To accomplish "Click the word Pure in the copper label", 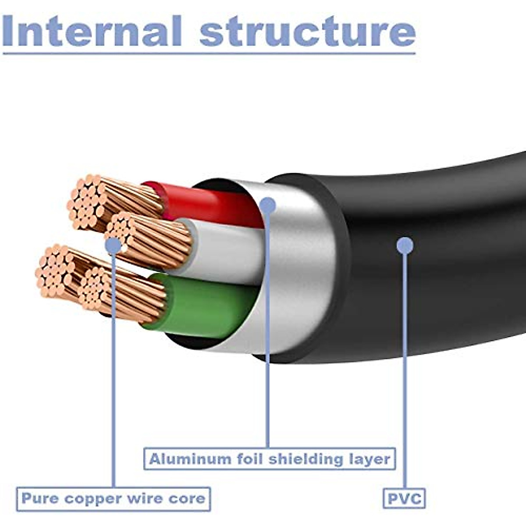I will click(39, 499).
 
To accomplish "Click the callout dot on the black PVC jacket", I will click(405, 245).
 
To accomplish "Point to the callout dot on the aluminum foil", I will click(267, 205).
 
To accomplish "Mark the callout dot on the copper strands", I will click(114, 245).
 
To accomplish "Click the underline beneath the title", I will click(209, 53).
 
